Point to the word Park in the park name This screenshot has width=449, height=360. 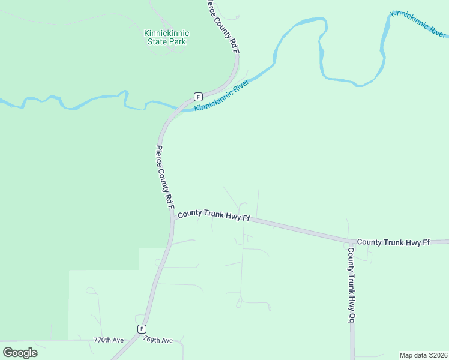[x=177, y=42]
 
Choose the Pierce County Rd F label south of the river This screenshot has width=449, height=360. [x=165, y=177]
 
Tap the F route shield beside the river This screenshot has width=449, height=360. [x=197, y=97]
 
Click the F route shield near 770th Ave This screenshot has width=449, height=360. [x=142, y=329]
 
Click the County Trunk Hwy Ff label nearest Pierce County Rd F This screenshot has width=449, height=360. [x=213, y=215]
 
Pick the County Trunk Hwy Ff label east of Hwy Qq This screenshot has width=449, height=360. [x=393, y=242]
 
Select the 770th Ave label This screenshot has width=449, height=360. [x=109, y=340]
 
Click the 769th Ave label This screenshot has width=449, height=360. [x=158, y=340]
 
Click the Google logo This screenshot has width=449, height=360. [x=20, y=352]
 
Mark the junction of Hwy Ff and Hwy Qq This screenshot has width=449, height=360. [x=351, y=242]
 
